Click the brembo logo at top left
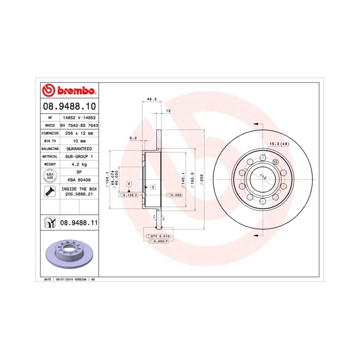pyautogui.click(x=69, y=91)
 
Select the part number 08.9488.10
pyautogui.click(x=69, y=106)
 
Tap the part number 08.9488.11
pyautogui.click(x=79, y=223)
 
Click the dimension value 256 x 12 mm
pyautogui.click(x=79, y=133)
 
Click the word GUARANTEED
pyautogui.click(x=79, y=148)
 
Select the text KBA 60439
pyautogui.click(x=79, y=179)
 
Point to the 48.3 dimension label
pyautogui.click(x=151, y=99)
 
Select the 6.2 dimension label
pyautogui.click(x=133, y=138)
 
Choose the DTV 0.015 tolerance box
pyautogui.click(x=160, y=236)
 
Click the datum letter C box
pyautogui.click(x=153, y=187)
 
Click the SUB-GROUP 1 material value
pyautogui.click(x=79, y=156)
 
